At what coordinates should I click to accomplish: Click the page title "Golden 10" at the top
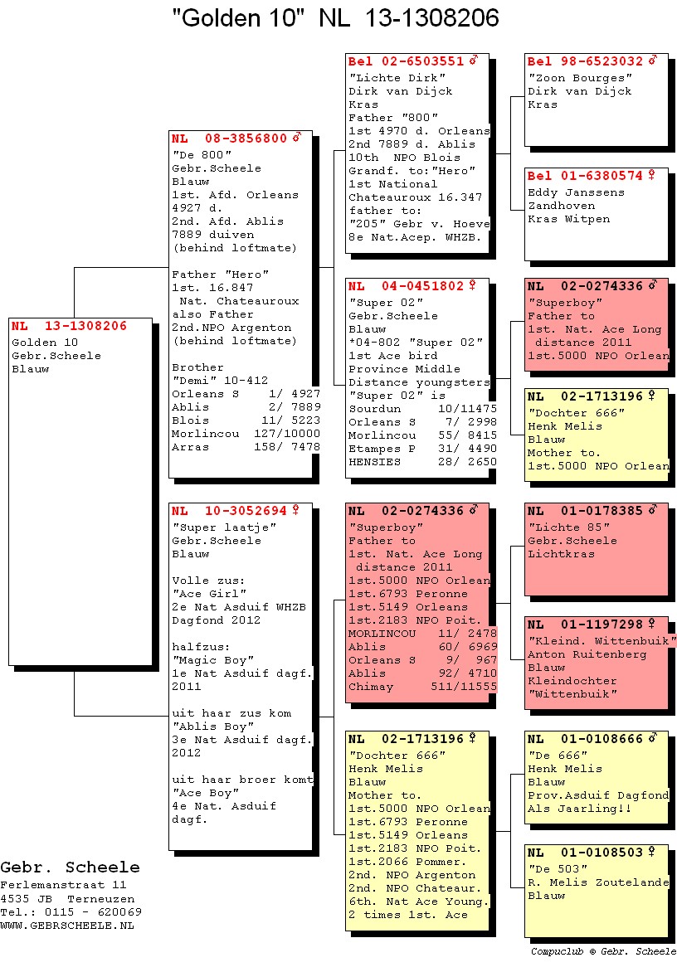coord(239,18)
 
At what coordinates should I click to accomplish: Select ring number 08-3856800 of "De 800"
coord(246,139)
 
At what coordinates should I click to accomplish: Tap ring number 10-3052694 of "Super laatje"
coord(246,511)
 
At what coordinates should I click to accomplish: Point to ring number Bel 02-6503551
coord(406,61)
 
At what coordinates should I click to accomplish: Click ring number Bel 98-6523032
coord(585,61)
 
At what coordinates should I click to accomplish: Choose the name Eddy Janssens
coord(576,192)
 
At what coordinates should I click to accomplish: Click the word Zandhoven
coord(561,206)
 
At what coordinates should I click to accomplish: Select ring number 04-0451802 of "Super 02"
coord(423,286)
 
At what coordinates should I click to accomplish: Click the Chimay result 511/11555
coord(464,687)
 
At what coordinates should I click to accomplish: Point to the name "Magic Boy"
coord(212,660)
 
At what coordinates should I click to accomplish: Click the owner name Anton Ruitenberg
coord(587,654)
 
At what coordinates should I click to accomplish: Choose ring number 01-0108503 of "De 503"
coord(602,853)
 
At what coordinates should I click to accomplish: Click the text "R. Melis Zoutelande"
coord(598,882)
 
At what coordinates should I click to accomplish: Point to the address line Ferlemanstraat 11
coord(63,885)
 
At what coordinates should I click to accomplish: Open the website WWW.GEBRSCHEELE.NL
coord(67,926)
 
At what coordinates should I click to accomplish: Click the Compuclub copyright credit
coord(603,951)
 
